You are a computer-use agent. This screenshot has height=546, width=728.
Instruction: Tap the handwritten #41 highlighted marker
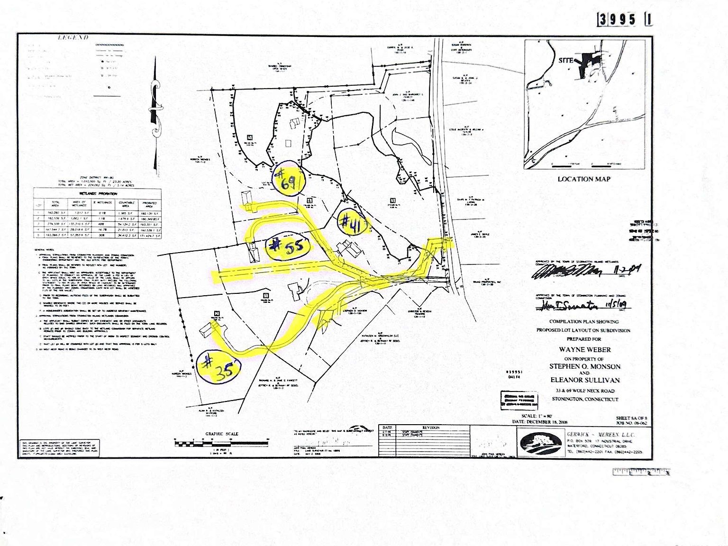point(353,222)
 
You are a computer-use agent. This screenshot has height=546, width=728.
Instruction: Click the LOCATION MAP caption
point(583,179)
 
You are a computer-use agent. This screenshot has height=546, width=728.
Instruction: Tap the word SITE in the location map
point(566,61)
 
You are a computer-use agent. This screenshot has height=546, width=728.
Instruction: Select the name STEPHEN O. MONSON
point(584,366)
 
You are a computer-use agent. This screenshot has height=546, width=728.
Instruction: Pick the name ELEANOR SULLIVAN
point(585,380)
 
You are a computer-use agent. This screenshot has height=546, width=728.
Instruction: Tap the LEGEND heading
point(73,38)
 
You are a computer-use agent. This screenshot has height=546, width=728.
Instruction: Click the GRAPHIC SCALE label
point(221,434)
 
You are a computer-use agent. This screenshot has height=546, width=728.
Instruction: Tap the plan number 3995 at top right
point(617,19)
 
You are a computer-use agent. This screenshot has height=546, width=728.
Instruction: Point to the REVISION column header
point(431,428)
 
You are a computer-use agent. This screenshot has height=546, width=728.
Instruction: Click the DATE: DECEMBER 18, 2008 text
point(539,422)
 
